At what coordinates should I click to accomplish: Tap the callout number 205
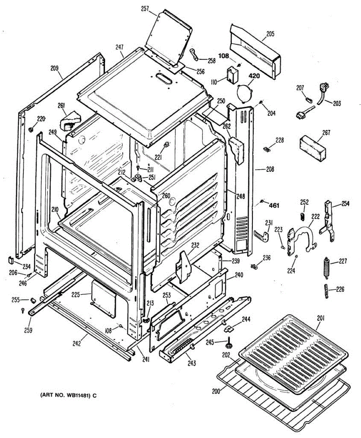pyautogui.click(x=270, y=34)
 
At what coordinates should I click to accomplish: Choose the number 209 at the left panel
pyautogui.click(x=54, y=68)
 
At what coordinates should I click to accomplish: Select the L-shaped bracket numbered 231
pyautogui.click(x=263, y=235)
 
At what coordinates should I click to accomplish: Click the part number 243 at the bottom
pyautogui.click(x=192, y=363)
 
